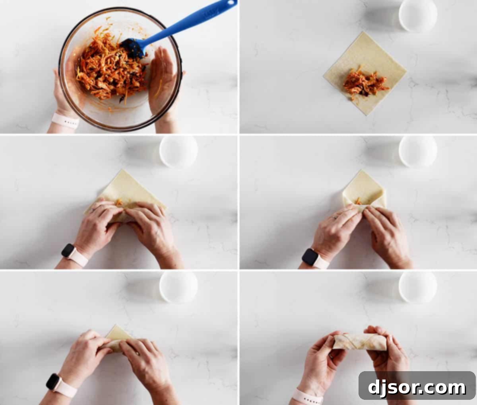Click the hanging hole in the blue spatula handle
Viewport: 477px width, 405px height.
230,3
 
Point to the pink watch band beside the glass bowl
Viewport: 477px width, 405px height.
65,121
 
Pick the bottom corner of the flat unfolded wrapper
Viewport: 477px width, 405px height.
366,115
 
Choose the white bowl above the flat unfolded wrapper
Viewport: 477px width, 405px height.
418,15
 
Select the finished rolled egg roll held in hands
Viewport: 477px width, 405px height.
360,341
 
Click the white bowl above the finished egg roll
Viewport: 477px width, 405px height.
418,286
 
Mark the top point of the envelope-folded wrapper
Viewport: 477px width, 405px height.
361,171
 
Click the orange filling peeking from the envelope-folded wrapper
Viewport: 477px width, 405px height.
359,201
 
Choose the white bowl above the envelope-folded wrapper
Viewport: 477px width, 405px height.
418,151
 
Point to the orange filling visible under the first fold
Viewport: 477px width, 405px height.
119,202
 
